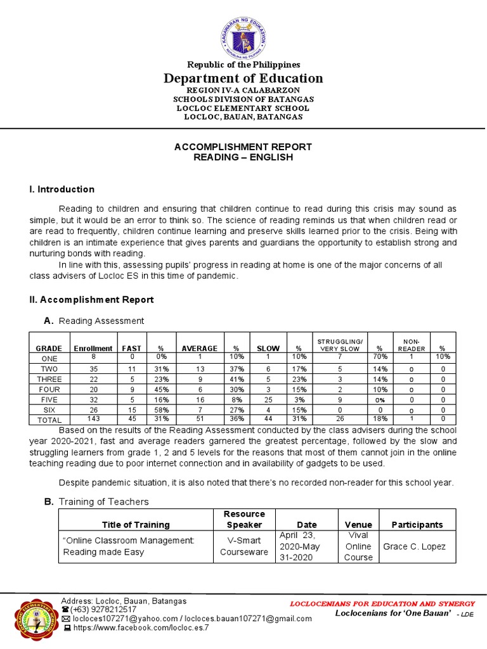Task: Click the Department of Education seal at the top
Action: tap(243, 36)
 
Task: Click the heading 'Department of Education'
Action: tap(243, 78)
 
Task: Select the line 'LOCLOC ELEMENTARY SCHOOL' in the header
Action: tap(243, 108)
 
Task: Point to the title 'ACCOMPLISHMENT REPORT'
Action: tap(243, 146)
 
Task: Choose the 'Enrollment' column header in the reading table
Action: tap(93, 349)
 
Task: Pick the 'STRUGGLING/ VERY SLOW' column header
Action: tap(339, 345)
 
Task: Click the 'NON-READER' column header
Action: tap(411, 345)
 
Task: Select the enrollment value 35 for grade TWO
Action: tap(93, 368)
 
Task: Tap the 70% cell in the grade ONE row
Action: tap(380, 358)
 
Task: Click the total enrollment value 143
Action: tap(93, 419)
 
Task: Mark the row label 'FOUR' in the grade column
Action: tap(49, 389)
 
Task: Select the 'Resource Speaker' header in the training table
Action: tap(245, 519)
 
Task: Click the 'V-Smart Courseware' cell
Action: tap(245, 546)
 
